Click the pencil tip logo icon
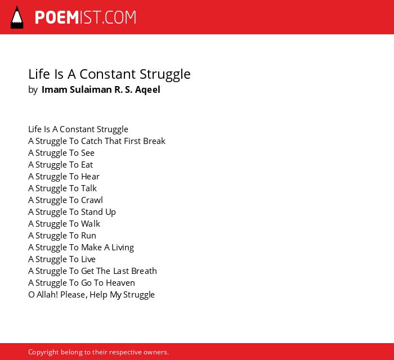(17, 17)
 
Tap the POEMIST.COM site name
(86, 17)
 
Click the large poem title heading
(109, 74)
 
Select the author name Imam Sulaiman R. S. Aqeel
(101, 89)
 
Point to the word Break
(154, 141)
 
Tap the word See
(88, 153)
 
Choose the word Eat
(87, 165)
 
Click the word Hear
(90, 177)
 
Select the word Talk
(89, 188)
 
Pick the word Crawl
(92, 200)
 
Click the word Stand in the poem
(92, 212)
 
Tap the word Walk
(91, 224)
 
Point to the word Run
(89, 236)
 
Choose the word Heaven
(120, 283)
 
